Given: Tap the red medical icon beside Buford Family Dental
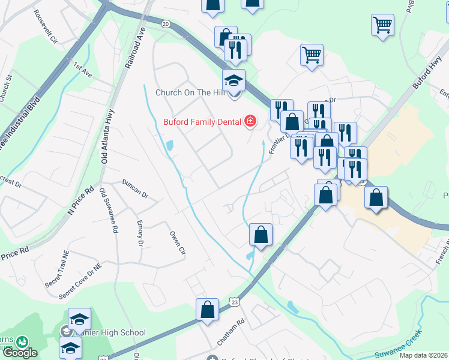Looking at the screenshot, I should tap(250, 122).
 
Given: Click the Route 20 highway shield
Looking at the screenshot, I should tap(166, 23).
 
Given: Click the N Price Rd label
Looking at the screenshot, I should tap(82, 200).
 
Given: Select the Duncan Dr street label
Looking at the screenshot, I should tap(134, 188).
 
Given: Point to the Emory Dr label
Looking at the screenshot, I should tap(140, 233).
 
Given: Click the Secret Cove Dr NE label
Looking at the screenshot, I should tap(80, 283).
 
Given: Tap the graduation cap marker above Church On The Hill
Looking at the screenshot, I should tap(234, 80).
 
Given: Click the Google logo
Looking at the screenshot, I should tap(19, 353).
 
